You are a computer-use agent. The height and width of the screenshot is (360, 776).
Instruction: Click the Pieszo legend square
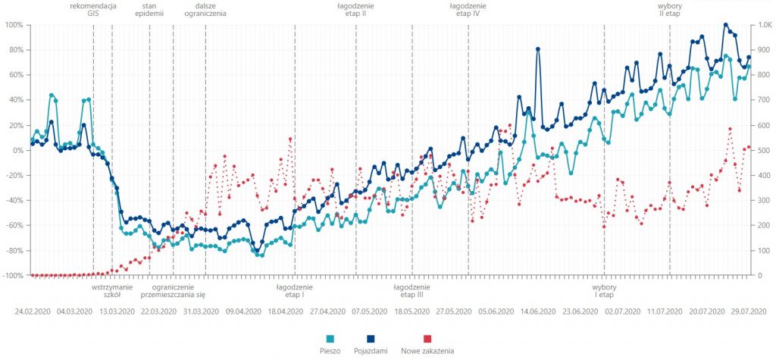tap(330, 338)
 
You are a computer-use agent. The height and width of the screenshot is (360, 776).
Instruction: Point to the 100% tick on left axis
tap(15, 25)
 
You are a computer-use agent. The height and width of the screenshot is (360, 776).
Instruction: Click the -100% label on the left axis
tap(14, 276)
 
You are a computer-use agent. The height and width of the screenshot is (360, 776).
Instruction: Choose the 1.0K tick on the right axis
tap(762, 25)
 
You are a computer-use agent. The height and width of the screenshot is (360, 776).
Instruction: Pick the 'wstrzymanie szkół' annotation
tap(112, 292)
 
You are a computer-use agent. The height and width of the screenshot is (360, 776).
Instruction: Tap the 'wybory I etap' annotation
tap(604, 292)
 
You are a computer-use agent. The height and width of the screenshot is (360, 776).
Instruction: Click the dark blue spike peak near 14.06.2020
tap(537, 49)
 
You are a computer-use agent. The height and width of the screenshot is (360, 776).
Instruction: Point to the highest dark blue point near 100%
tap(726, 25)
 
